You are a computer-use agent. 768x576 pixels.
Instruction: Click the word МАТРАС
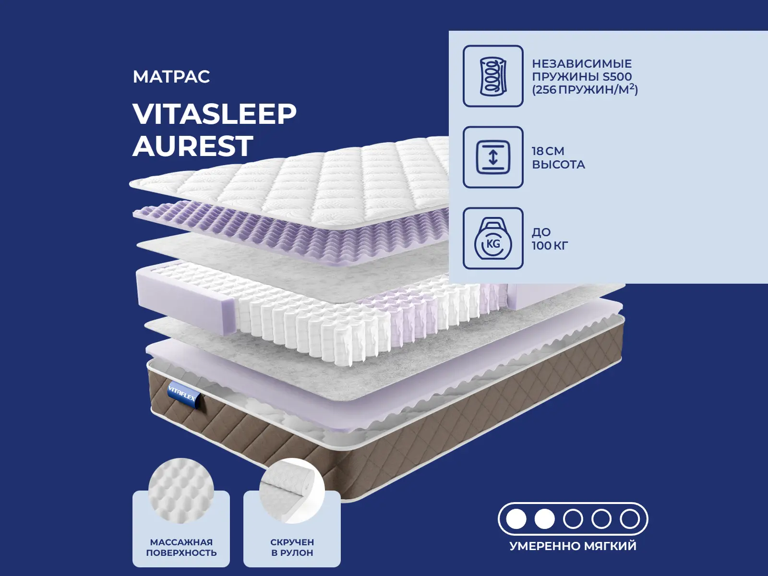171,77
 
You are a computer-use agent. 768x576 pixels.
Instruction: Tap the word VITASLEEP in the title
215,114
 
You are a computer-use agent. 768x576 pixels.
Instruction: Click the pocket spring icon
493,76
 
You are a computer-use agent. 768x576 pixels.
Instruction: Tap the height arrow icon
493,157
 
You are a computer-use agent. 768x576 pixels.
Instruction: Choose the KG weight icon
493,238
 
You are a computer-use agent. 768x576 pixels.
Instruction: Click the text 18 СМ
548,151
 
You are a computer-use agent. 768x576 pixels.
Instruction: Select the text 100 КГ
550,245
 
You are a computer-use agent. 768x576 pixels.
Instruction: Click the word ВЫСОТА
558,164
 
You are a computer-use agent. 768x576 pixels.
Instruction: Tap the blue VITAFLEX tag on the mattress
183,394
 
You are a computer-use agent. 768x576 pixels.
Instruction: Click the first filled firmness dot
516,519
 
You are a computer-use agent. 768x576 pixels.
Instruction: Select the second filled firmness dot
544,519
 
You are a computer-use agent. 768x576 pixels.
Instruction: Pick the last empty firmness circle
630,519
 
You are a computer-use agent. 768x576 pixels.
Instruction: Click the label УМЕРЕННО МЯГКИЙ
573,546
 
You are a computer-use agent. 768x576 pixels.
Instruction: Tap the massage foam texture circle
181,491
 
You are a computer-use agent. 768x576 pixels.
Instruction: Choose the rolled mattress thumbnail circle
292,491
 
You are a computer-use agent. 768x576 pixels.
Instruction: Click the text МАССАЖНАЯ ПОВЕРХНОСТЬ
181,547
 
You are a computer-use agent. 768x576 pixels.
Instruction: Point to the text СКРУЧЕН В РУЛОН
292,547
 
